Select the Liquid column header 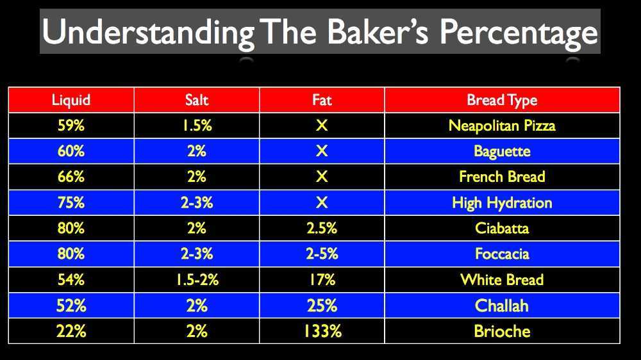tap(71, 100)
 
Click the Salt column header tap(196, 100)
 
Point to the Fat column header tap(322, 100)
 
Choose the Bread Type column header tap(502, 100)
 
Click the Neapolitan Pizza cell tap(502, 126)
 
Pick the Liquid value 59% tap(71, 126)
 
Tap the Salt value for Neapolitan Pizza tap(196, 126)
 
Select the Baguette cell tap(502, 151)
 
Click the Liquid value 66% tap(71, 177)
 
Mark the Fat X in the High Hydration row tap(322, 202)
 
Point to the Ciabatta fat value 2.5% tap(322, 228)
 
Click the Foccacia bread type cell tap(502, 254)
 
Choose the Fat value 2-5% tap(322, 254)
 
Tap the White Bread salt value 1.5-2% tap(196, 280)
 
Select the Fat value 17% tap(322, 280)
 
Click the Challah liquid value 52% tap(71, 306)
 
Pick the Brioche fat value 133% tap(322, 331)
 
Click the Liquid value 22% tap(71, 331)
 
